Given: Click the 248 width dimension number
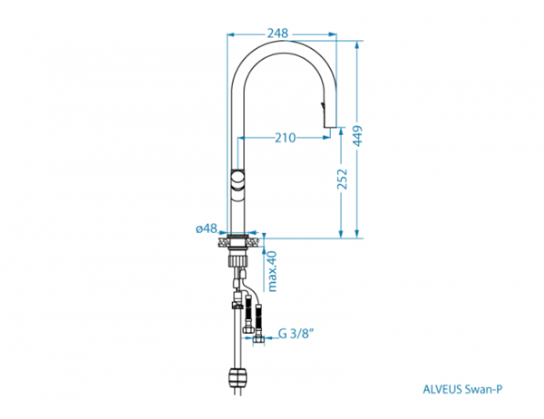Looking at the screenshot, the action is [x=277, y=34].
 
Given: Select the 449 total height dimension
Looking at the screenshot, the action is [x=358, y=136].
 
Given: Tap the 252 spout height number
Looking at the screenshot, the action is [x=343, y=180].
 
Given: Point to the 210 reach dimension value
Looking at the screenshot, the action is [x=286, y=138].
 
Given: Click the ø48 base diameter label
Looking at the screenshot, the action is [x=207, y=229].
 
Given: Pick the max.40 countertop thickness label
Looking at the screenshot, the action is [x=272, y=271].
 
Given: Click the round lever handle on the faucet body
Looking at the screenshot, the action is [x=238, y=180].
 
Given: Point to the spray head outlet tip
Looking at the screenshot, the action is [x=330, y=127].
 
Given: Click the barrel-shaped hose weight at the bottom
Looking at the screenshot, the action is [x=238, y=377].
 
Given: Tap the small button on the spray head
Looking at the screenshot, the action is [x=324, y=103].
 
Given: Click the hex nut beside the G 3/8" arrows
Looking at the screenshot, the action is [x=258, y=340].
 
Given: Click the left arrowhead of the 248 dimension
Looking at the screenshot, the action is [x=230, y=34].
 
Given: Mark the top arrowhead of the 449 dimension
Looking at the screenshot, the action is [x=357, y=44].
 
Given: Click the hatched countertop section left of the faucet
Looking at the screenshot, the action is [x=222, y=242].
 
